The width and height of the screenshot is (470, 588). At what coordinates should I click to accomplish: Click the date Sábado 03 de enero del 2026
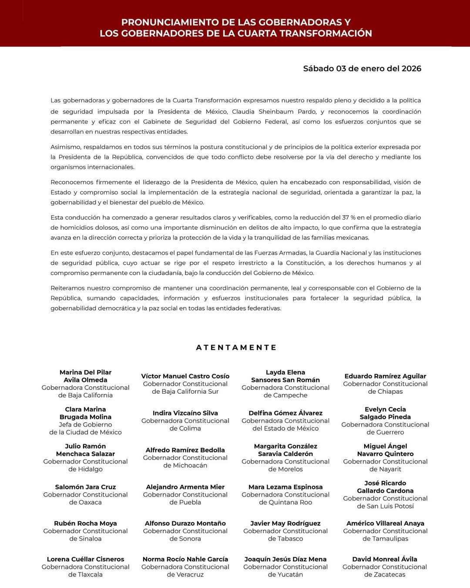coord(362,68)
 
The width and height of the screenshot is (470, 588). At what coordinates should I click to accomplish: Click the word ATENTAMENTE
coord(236,348)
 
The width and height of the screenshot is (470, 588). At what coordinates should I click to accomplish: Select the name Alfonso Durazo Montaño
coord(185,523)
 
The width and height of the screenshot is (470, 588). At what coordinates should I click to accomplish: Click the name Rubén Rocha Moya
coord(85,523)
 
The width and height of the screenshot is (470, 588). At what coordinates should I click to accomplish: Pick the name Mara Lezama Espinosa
coord(285,487)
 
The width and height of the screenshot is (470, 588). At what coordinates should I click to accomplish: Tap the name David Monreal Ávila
coord(385,559)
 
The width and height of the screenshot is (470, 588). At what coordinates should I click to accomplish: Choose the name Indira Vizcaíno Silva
coord(185,413)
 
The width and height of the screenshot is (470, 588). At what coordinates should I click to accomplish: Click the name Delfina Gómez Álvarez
coord(285,413)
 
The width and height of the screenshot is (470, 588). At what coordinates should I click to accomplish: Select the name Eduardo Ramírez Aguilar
coord(385,376)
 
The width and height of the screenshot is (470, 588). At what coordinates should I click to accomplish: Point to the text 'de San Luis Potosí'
coord(385,506)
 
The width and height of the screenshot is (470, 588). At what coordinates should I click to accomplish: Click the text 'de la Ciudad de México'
coord(85,432)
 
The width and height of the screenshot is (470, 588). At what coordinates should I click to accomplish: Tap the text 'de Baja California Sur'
coord(185,392)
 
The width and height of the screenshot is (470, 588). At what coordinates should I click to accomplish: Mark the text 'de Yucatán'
coord(285,574)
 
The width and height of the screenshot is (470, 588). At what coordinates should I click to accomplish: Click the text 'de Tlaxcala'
coord(85,574)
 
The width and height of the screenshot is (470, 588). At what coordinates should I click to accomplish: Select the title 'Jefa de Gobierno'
coord(85,425)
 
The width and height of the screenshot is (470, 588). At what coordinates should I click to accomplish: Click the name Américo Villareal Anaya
coord(385,523)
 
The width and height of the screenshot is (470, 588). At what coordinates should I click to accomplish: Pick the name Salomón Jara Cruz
coord(85,487)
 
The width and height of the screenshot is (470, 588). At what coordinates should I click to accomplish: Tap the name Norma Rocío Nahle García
coord(185,559)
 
